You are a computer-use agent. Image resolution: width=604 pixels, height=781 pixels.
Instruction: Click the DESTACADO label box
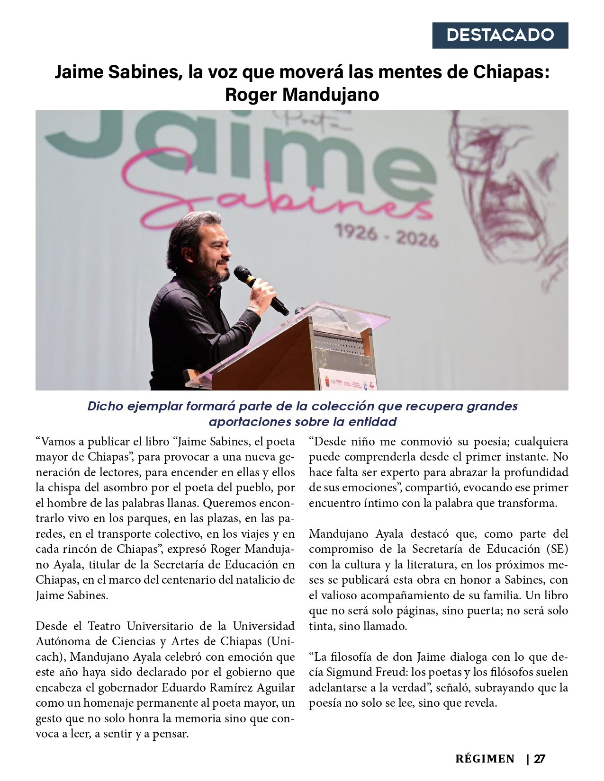[500, 35]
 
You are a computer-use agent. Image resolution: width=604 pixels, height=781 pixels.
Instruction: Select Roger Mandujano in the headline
[302, 94]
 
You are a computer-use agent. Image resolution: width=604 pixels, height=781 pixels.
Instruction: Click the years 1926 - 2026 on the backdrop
[387, 235]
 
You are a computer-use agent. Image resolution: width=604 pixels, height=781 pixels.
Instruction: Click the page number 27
[539, 759]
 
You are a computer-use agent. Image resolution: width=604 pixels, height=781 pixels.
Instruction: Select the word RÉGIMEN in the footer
[485, 759]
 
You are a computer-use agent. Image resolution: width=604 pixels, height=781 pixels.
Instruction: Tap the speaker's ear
[190, 247]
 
